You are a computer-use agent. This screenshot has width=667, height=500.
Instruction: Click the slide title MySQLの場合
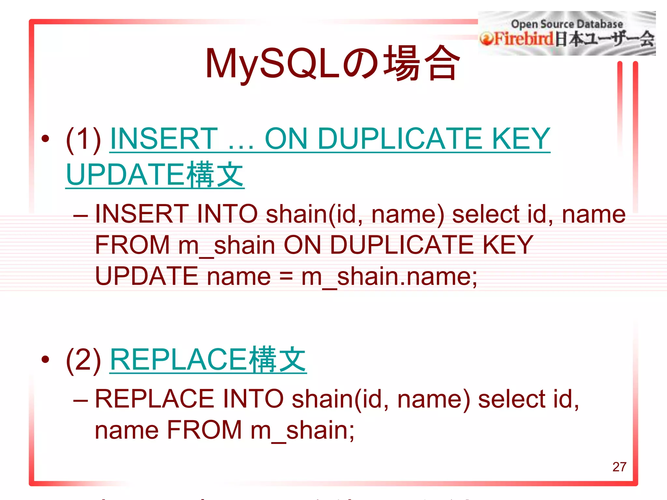[x=332, y=63]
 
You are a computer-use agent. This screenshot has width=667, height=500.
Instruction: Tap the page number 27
[x=619, y=467]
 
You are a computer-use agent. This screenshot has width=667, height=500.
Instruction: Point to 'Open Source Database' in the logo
[x=567, y=24]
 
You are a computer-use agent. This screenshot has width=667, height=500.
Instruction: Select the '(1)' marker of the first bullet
[x=83, y=139]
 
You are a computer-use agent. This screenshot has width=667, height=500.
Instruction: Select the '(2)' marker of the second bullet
[x=83, y=360]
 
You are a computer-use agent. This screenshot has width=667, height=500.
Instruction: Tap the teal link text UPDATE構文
[x=155, y=175]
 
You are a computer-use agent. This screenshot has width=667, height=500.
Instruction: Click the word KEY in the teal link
[x=521, y=139]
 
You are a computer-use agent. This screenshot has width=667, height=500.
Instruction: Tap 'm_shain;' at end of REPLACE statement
[x=303, y=430]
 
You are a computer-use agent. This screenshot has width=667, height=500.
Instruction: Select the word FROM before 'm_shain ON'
[x=132, y=245]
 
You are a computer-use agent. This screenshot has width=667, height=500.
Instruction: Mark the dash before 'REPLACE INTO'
[x=80, y=399]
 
